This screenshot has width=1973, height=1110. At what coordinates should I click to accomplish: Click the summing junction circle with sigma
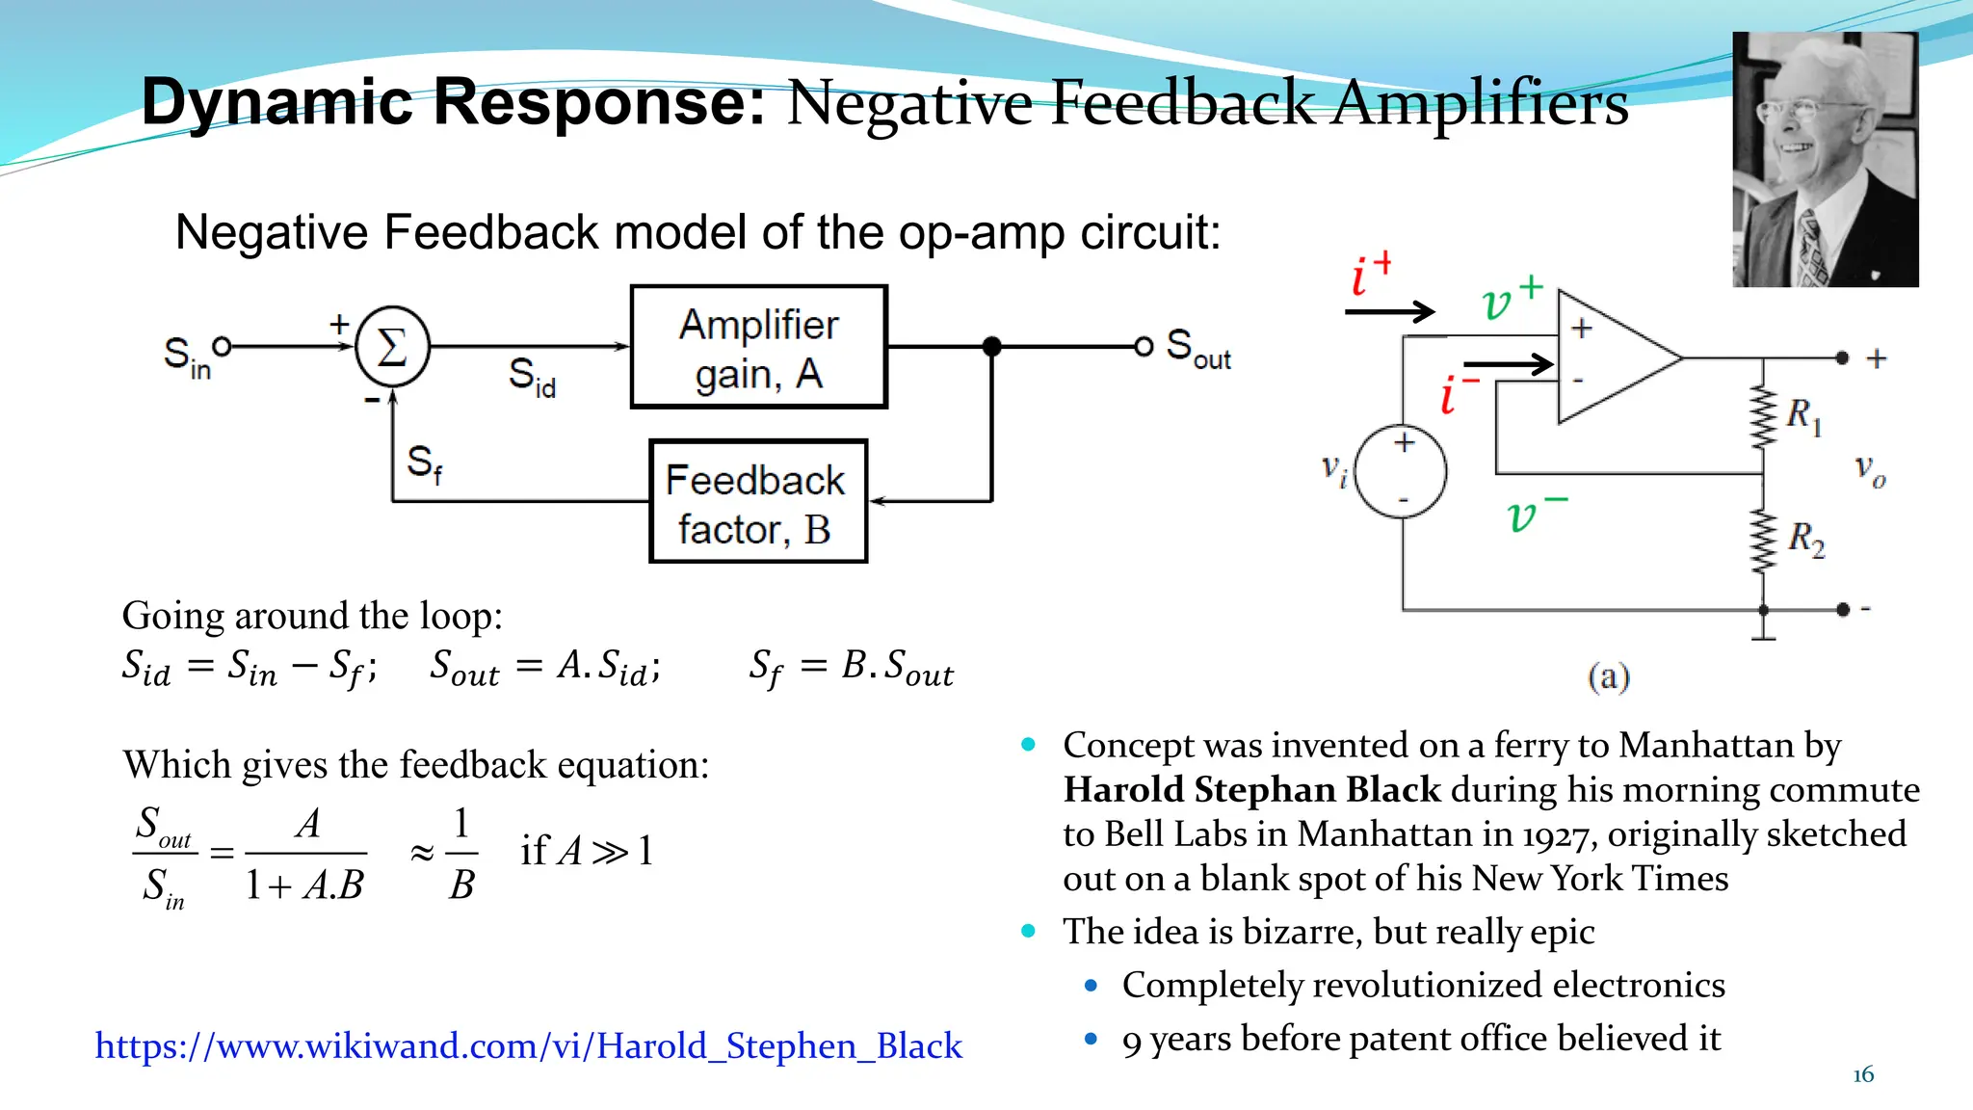click(x=392, y=346)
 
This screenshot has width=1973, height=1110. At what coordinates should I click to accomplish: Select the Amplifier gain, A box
click(x=758, y=347)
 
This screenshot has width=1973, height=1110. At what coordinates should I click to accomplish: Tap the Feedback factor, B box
click(x=758, y=501)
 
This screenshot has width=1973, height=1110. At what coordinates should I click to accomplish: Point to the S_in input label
click(x=186, y=357)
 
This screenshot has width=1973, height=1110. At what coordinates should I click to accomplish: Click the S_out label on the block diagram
click(x=1197, y=349)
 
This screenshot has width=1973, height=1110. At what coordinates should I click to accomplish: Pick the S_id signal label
click(x=532, y=377)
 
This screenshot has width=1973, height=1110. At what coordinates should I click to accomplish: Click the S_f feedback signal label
click(x=424, y=463)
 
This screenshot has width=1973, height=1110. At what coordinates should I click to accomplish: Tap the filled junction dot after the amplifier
click(x=991, y=346)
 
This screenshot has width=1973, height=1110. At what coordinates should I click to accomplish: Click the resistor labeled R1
click(x=1763, y=416)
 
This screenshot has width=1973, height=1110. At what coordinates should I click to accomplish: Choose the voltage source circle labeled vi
click(x=1401, y=471)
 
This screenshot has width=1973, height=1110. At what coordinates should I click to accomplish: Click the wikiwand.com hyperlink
click(x=528, y=1045)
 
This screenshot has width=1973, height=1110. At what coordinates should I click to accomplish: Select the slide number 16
click(x=1863, y=1074)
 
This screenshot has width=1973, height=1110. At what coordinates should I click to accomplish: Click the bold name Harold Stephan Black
click(x=1251, y=790)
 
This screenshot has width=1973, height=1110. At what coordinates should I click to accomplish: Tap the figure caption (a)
click(x=1608, y=676)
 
